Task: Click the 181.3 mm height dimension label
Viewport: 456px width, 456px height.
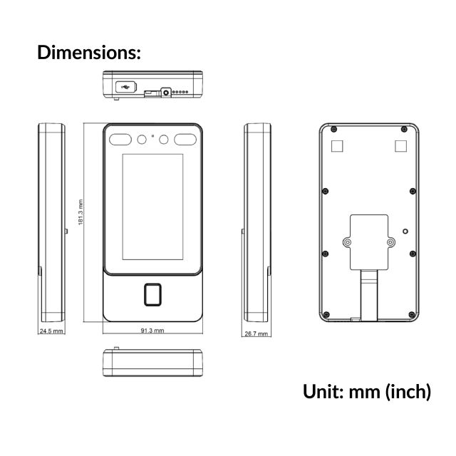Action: tap(81, 212)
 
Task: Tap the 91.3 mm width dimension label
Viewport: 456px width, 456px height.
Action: tap(152, 331)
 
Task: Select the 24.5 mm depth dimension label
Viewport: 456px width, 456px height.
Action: tap(51, 331)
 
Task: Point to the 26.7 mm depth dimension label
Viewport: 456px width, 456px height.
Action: tap(256, 333)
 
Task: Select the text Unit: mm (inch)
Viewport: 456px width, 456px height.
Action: tap(366, 391)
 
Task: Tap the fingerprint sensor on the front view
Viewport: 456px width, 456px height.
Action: tap(152, 294)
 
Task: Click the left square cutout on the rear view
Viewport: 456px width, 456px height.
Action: tap(338, 145)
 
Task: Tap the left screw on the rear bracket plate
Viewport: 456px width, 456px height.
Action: tap(347, 242)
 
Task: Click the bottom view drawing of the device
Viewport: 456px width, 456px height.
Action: tap(153, 364)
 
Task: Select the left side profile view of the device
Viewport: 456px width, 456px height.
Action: tap(51, 223)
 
